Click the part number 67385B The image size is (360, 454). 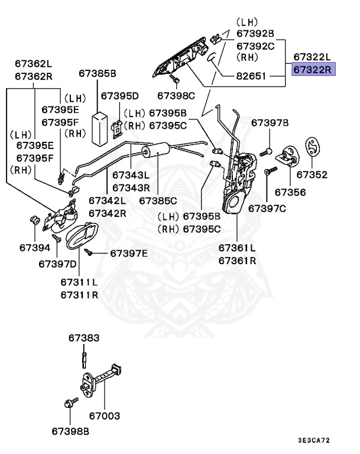98,73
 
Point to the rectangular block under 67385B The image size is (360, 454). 99,126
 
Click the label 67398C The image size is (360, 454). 176,95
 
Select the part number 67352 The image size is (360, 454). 312,175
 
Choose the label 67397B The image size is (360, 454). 270,123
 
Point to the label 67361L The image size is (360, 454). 237,248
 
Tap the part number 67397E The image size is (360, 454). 129,254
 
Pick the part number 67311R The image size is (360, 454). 78,294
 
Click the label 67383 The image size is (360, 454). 83,338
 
